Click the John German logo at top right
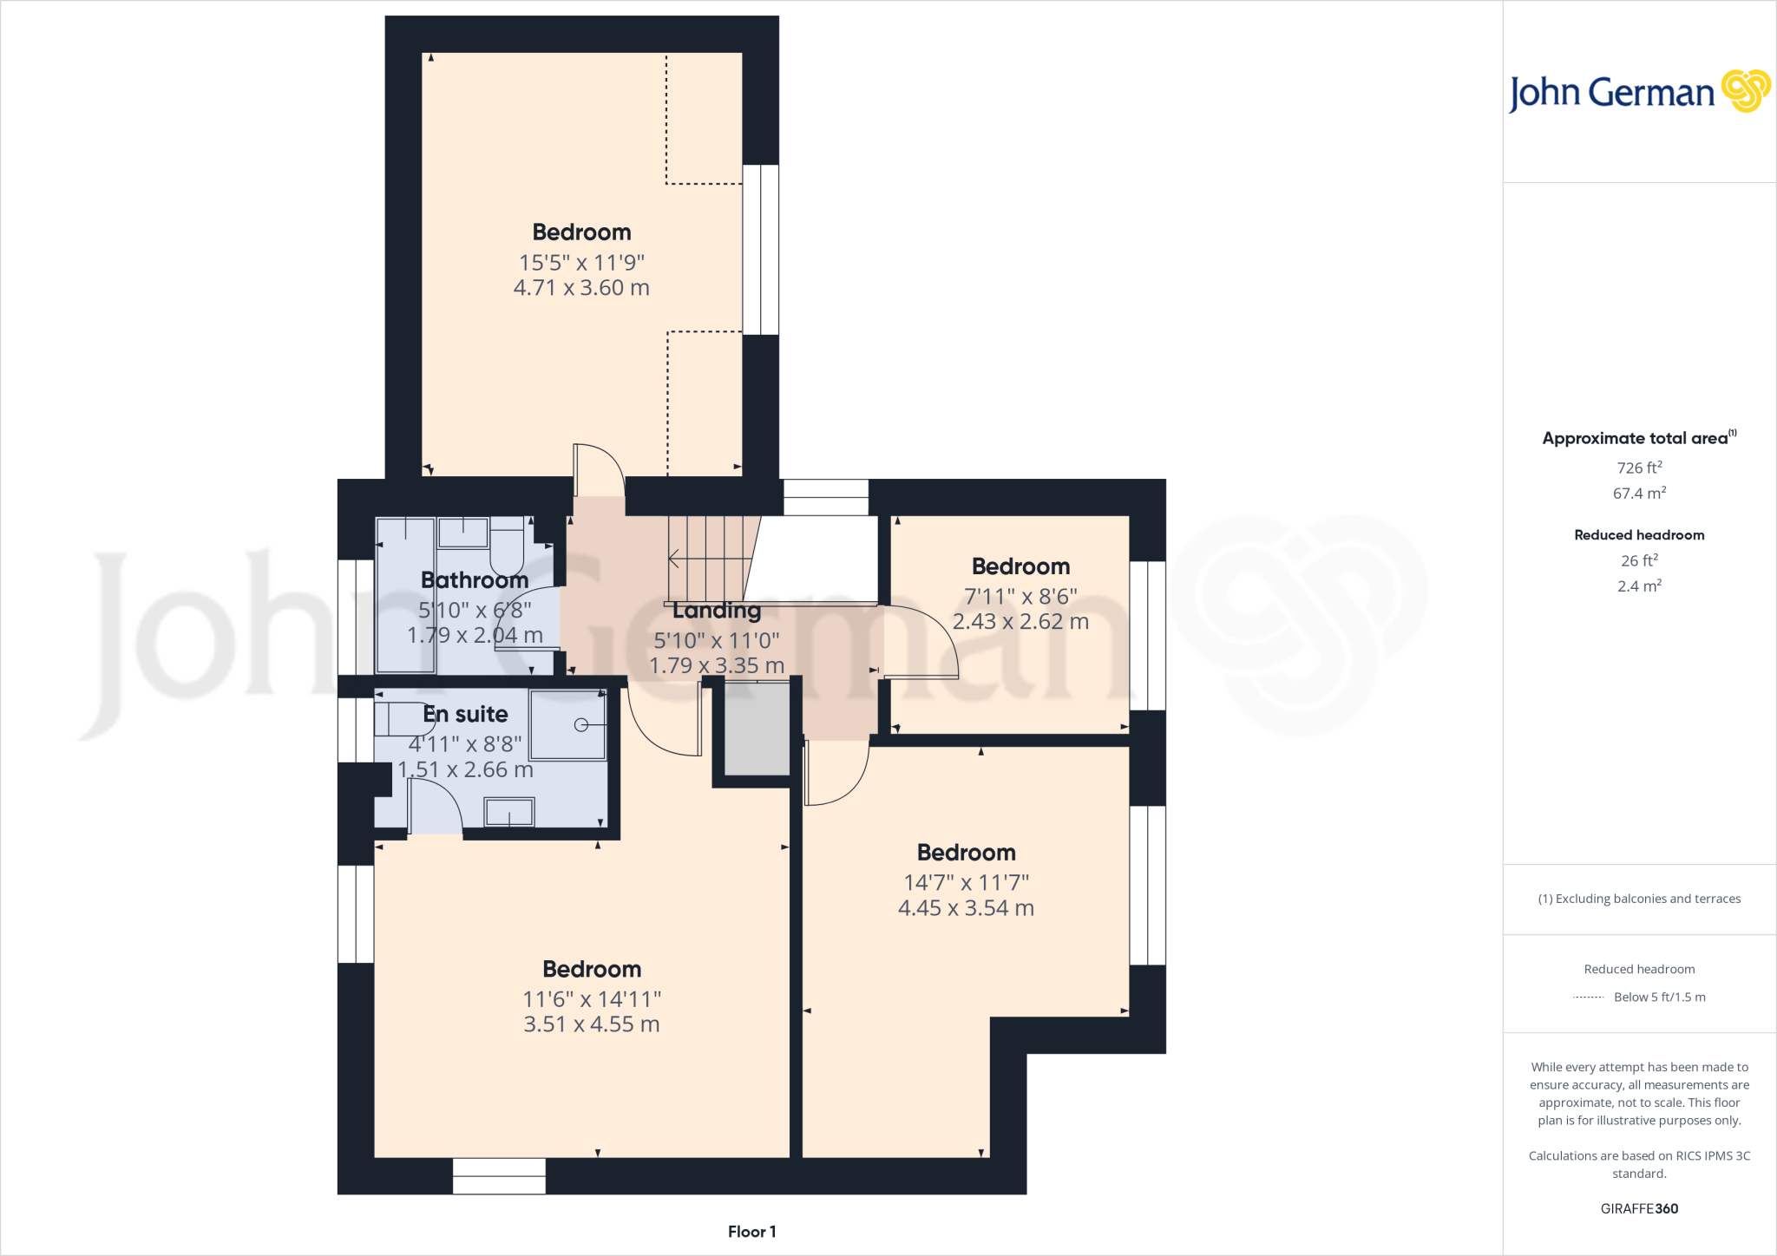(x=1638, y=92)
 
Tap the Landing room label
(x=717, y=611)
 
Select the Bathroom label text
(x=475, y=580)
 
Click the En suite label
(x=466, y=714)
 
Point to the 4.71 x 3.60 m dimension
(x=581, y=288)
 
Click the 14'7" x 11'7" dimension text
(x=966, y=882)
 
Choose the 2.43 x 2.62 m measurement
(x=1020, y=622)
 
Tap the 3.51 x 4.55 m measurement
(x=592, y=1024)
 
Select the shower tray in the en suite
(x=568, y=724)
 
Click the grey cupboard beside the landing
(x=757, y=729)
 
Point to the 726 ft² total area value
(x=1639, y=468)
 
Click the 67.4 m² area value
(x=1639, y=494)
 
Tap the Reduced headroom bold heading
(x=1639, y=535)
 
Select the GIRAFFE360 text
(x=1639, y=1208)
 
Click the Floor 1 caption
(x=751, y=1232)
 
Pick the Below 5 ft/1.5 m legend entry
(x=1659, y=998)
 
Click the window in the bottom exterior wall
(x=499, y=1176)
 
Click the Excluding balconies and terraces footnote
(x=1639, y=899)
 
